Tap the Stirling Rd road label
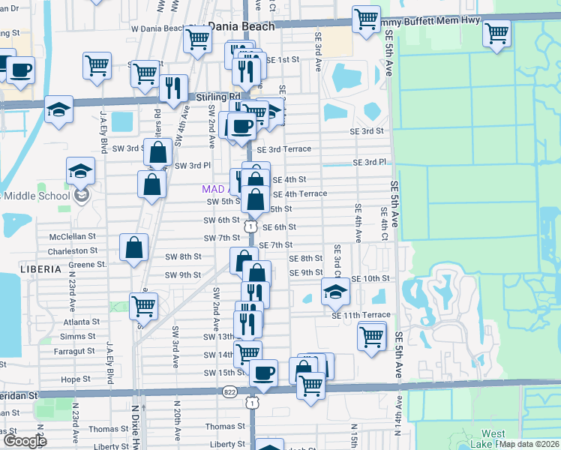(x=217, y=97)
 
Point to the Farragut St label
(x=75, y=350)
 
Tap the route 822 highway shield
(x=230, y=391)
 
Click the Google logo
(x=25, y=441)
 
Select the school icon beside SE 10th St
(x=335, y=291)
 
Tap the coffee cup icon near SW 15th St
(x=262, y=372)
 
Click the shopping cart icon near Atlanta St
(x=142, y=304)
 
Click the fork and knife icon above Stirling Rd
(x=174, y=88)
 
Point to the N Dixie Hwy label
(x=135, y=424)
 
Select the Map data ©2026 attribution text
(x=529, y=444)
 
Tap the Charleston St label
(x=73, y=250)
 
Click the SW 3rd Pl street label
(x=192, y=165)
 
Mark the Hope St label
(x=76, y=379)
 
